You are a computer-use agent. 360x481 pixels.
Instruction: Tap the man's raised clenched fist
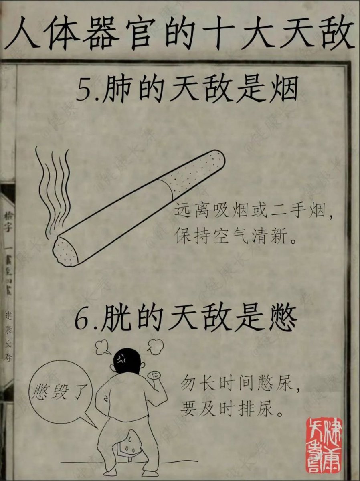click(155, 375)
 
